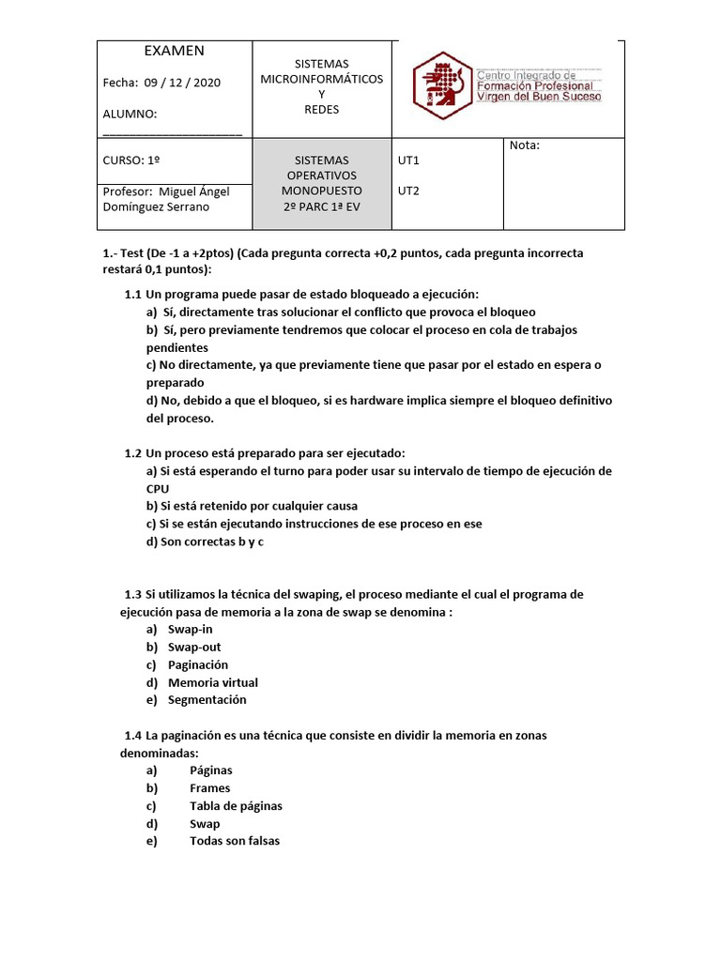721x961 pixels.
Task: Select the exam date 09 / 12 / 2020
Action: tap(182, 83)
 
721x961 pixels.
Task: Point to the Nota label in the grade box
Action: tap(525, 145)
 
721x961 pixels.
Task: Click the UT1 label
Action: tap(408, 160)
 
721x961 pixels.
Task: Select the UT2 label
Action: tap(408, 191)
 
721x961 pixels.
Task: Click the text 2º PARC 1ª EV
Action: tap(321, 207)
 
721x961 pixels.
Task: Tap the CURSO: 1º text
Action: tap(131, 160)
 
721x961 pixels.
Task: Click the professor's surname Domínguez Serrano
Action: tap(156, 207)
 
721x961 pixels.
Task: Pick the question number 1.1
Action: tap(133, 295)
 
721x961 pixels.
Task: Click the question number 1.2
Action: tap(133, 453)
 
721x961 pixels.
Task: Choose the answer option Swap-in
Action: tap(190, 630)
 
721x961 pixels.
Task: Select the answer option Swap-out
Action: tap(194, 648)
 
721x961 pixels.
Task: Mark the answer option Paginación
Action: tap(197, 665)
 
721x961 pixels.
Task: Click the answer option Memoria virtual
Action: tap(212, 683)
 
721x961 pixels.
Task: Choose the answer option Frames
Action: tap(209, 788)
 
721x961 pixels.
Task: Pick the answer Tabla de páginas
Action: tap(236, 806)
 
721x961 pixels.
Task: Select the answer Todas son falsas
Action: tap(235, 842)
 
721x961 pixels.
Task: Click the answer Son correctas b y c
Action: tap(207, 542)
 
